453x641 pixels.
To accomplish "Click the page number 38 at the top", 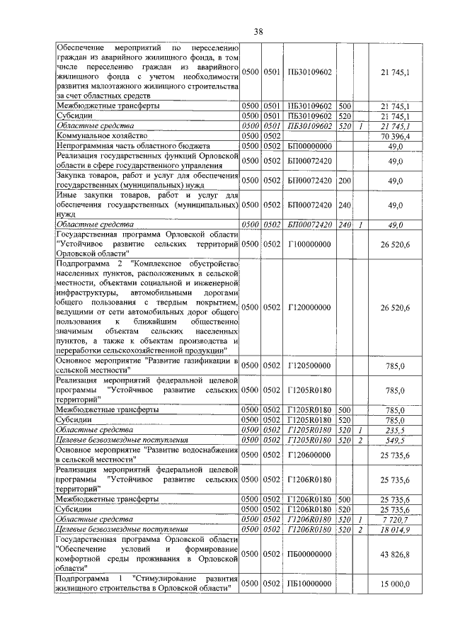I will pos(258,31).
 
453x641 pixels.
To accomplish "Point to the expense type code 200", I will pos(345,181).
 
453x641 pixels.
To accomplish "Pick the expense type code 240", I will pos(345,205).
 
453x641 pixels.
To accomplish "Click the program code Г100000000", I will pos(310,244).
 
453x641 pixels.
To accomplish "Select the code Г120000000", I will pos(310,307).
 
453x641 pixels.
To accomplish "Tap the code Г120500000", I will pos(310,366).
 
